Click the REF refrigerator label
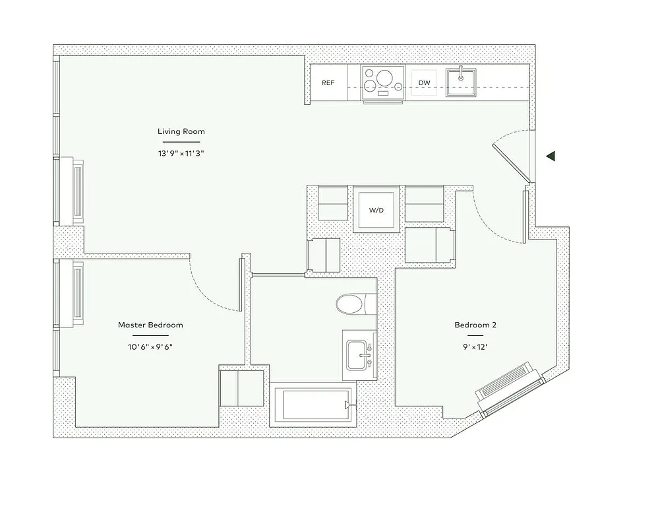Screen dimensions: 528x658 328,83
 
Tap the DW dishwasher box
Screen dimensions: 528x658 425,83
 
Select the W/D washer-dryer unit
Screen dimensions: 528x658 376,210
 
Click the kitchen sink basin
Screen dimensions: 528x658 462,82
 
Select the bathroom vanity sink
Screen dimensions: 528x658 359,356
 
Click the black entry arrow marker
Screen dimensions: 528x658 551,156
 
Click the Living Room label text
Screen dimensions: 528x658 181,131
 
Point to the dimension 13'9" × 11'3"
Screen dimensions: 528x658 181,152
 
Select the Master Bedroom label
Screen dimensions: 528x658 150,325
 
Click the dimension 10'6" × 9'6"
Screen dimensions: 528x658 150,346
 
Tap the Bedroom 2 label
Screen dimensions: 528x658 475,325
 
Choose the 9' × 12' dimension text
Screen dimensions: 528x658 475,346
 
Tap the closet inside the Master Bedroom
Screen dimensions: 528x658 241,389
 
